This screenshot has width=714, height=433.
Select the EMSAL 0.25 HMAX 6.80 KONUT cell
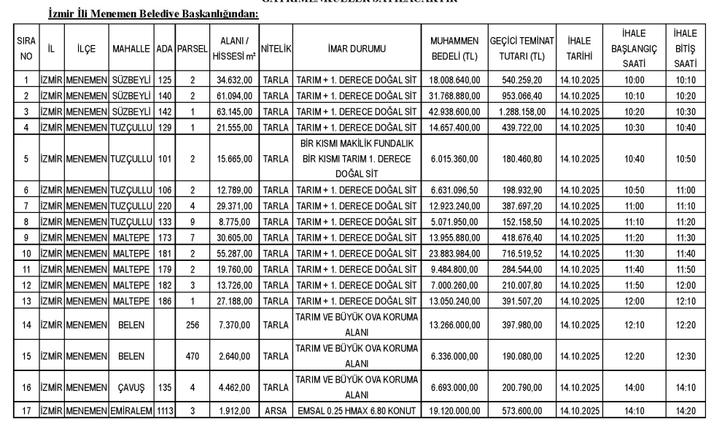pyautogui.click(x=357, y=411)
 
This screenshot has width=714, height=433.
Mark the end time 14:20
pyautogui.click(x=685, y=411)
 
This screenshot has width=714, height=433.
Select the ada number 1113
pyautogui.click(x=163, y=411)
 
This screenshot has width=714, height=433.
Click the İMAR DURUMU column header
pyautogui.click(x=357, y=49)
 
